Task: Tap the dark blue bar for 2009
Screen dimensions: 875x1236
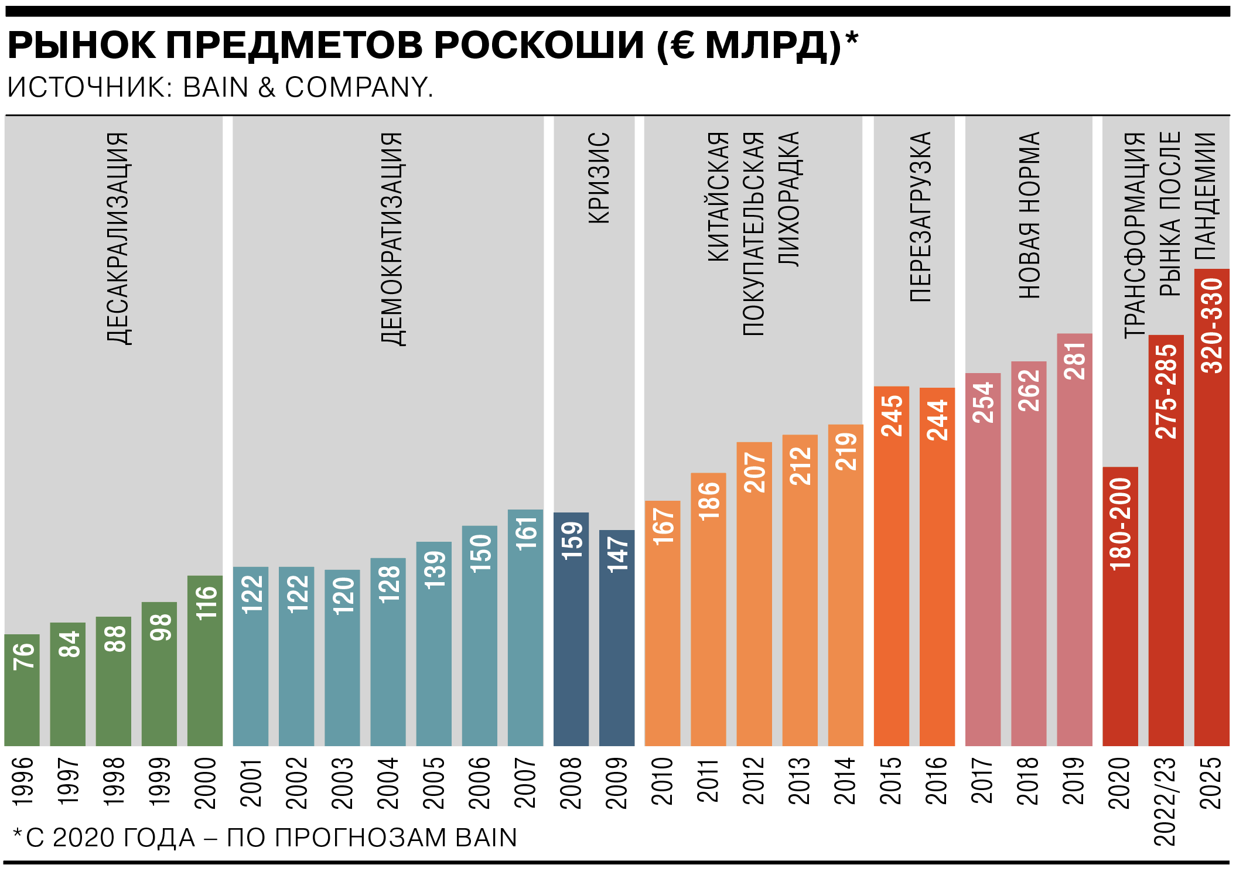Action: (x=616, y=638)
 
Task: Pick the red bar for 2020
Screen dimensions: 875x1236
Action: (x=1120, y=606)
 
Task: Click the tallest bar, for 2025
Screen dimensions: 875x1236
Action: (x=1211, y=507)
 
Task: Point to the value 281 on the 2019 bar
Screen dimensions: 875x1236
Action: (x=1075, y=361)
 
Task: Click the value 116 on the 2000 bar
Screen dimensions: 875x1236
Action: (x=206, y=603)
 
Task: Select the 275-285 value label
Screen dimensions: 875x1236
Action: (x=1166, y=391)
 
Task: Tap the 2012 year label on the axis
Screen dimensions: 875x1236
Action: (x=754, y=782)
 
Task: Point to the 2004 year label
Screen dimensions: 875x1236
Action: (x=388, y=782)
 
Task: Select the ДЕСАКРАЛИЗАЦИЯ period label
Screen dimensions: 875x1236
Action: (x=118, y=238)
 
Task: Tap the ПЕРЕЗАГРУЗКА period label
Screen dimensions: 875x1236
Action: (x=920, y=217)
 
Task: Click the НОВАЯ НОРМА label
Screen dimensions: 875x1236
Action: (x=1029, y=215)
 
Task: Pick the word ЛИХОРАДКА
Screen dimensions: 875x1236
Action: (x=789, y=199)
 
